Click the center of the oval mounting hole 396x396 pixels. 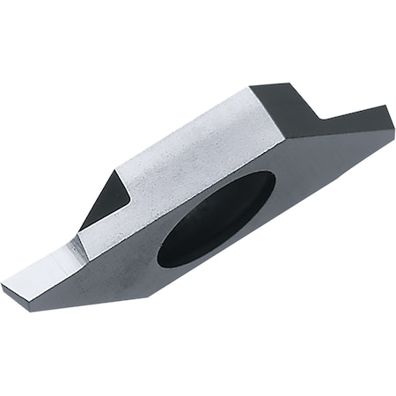tap(216, 218)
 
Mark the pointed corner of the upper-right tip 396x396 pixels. tap(389, 107)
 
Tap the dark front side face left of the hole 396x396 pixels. tap(123, 273)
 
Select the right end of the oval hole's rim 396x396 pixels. tap(275, 180)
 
